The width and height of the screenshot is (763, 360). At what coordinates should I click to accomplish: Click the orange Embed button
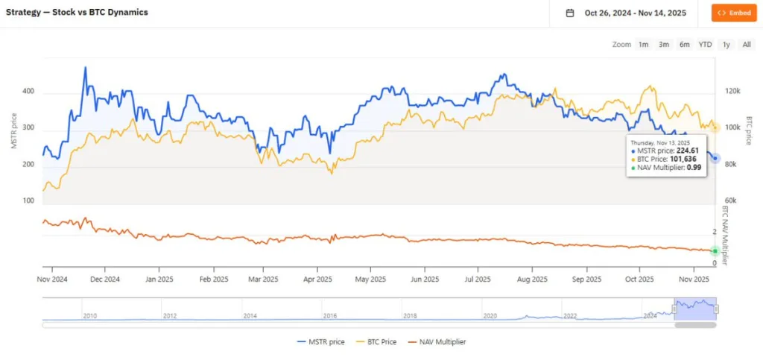point(734,13)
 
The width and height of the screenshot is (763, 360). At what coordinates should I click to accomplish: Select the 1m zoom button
point(643,45)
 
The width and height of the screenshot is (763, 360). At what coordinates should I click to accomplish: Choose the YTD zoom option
point(705,45)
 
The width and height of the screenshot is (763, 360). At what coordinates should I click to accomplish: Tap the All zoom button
point(747,45)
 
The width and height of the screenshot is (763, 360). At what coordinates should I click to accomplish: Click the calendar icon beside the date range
point(570,13)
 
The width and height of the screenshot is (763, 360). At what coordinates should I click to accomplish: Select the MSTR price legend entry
point(321,342)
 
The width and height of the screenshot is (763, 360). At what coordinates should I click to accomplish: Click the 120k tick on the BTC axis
point(732,91)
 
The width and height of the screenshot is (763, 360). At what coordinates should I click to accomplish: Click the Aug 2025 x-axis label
point(531,280)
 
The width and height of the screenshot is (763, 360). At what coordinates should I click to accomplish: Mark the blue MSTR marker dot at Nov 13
point(715,158)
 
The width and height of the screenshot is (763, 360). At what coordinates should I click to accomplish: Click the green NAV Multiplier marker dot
point(715,250)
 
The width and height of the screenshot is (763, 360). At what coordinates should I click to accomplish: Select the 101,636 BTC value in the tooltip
point(675,159)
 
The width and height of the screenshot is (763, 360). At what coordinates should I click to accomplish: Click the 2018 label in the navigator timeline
point(410,316)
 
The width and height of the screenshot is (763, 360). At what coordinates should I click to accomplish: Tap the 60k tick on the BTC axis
point(732,201)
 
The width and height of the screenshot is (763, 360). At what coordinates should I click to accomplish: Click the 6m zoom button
point(684,45)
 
